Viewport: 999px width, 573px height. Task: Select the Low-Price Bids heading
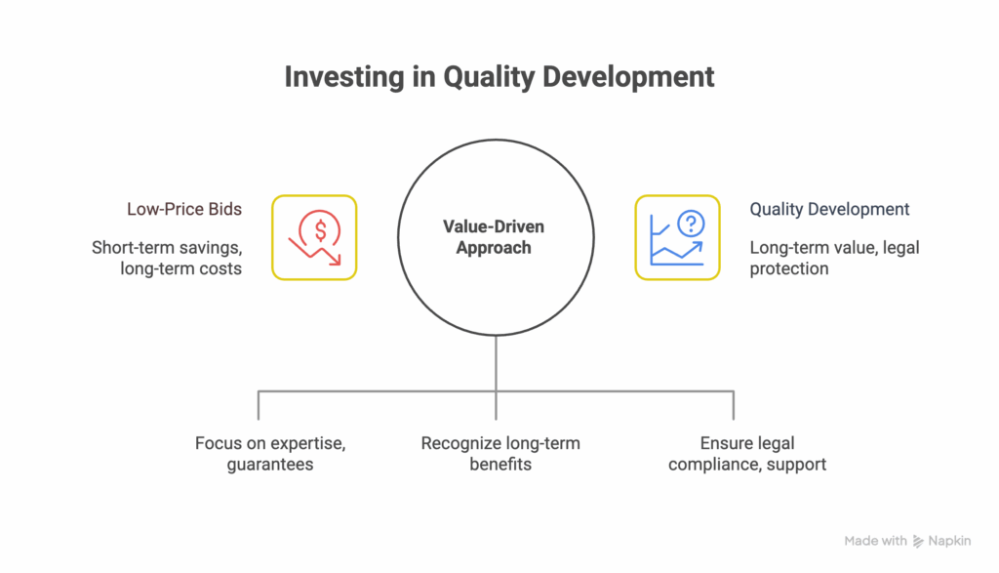pos(184,209)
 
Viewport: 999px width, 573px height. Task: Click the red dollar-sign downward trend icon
pos(314,237)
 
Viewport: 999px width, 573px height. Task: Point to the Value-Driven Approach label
pos(495,237)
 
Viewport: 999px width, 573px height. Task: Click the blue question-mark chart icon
pos(677,237)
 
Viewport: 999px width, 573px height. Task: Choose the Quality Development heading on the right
pos(829,209)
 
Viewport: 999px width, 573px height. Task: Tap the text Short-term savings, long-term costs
pos(167,258)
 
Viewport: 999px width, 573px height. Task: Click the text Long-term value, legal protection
pos(834,258)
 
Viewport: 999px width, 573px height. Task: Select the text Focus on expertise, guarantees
pos(270,453)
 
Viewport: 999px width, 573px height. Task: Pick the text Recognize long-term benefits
pos(500,453)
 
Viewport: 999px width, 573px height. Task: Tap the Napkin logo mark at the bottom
pos(917,541)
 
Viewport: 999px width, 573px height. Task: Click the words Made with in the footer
pos(875,541)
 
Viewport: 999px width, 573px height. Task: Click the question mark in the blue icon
pos(691,225)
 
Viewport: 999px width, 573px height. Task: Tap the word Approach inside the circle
pos(495,248)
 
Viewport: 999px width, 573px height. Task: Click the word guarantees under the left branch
pos(270,464)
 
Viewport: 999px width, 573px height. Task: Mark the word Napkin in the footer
pos(952,541)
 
